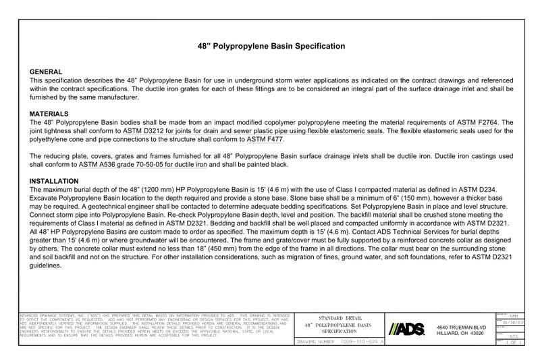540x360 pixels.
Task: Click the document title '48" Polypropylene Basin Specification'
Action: pyautogui.click(x=271, y=46)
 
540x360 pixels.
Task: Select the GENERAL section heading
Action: pyautogui.click(x=47, y=72)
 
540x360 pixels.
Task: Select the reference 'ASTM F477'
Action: pyautogui.click(x=265, y=139)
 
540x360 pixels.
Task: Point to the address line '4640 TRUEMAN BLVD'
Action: pyautogui.click(x=461, y=326)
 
